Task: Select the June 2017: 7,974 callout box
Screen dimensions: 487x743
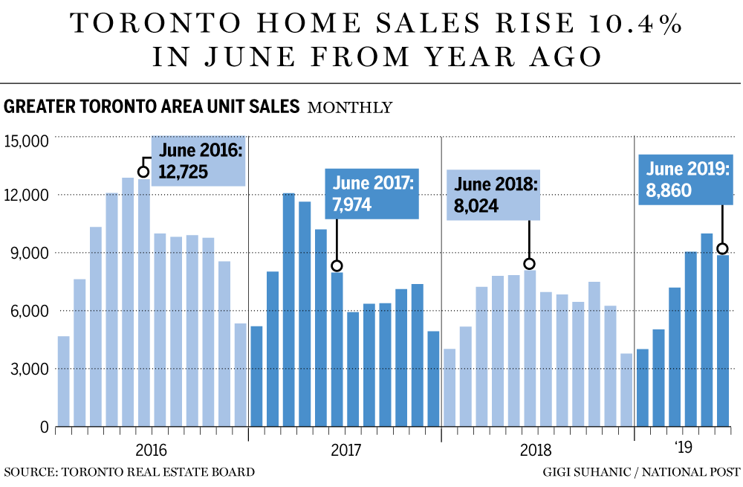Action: point(371,193)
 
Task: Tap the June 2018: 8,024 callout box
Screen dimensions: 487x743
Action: point(492,195)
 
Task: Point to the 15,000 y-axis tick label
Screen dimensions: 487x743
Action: point(26,141)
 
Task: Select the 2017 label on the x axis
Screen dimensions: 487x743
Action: point(345,451)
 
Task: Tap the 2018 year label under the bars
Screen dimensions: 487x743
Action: point(537,451)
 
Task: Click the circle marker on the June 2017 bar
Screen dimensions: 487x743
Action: point(337,265)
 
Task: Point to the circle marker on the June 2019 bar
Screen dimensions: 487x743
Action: point(722,248)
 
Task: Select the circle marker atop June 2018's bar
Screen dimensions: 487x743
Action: point(529,263)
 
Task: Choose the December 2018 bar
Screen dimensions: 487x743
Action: point(626,390)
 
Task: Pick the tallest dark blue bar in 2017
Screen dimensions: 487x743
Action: point(288,310)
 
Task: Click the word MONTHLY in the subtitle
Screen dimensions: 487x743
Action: point(349,108)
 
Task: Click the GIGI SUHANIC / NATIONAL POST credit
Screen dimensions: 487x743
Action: point(641,471)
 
